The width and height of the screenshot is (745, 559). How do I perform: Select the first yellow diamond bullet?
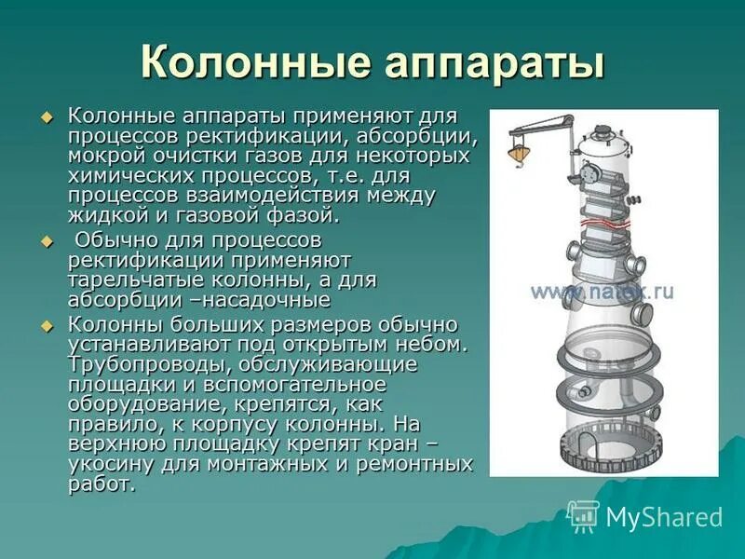(49, 117)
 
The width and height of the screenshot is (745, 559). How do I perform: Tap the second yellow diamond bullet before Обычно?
(49, 241)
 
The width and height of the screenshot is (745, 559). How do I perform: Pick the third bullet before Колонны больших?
(49, 325)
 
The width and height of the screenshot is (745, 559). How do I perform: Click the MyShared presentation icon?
(584, 516)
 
